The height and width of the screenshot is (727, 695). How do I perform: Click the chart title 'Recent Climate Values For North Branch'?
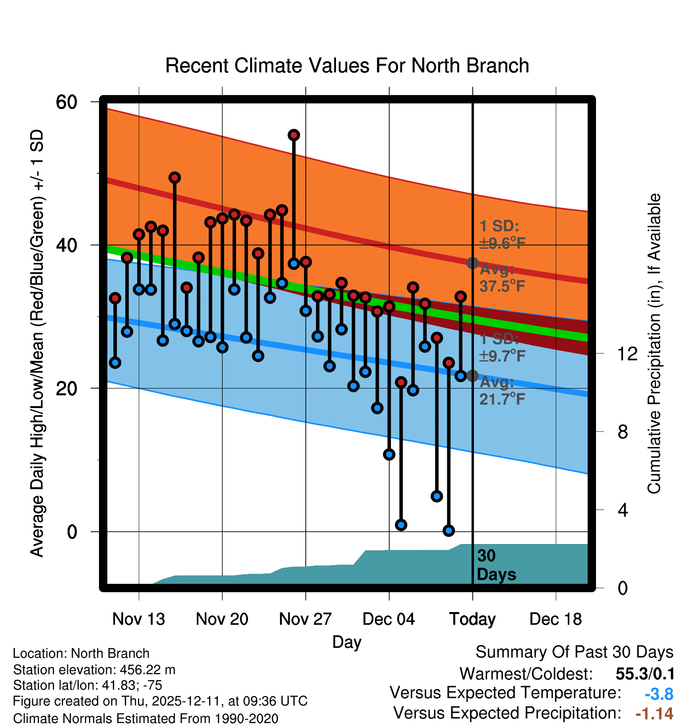pyautogui.click(x=347, y=66)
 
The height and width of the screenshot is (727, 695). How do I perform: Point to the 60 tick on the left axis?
pyautogui.click(x=66, y=102)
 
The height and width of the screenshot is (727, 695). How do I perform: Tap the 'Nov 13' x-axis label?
pyautogui.click(x=138, y=619)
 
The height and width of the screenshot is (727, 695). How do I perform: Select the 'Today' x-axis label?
pyautogui.click(x=472, y=619)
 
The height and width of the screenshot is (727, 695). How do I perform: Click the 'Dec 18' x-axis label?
pyautogui.click(x=555, y=619)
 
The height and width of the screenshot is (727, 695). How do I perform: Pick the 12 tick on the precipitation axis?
pyautogui.click(x=627, y=354)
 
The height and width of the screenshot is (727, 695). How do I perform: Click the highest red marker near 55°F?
pyautogui.click(x=294, y=135)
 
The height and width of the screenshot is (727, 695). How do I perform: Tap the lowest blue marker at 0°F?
pyautogui.click(x=449, y=531)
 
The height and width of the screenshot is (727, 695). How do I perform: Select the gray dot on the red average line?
pyautogui.click(x=472, y=263)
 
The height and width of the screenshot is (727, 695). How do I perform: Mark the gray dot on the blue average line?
pyautogui.click(x=472, y=375)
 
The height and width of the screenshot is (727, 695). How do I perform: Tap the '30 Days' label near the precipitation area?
pyautogui.click(x=496, y=565)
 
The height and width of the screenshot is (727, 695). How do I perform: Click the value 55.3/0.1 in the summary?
pyautogui.click(x=645, y=674)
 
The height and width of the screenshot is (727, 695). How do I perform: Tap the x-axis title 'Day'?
pyautogui.click(x=347, y=642)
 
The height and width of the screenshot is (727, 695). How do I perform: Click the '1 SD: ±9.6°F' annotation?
pyautogui.click(x=502, y=235)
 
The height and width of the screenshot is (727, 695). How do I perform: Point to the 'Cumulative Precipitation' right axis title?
pyautogui.click(x=654, y=344)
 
